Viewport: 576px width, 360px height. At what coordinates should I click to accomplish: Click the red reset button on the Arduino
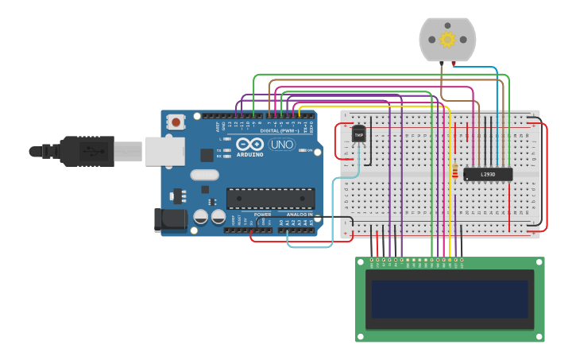pos(176,122)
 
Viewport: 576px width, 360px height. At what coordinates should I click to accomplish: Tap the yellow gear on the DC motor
pos(447,39)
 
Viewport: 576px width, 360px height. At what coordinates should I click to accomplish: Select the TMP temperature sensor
pos(359,135)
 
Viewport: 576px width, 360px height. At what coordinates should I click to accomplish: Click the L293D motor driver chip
pos(488,174)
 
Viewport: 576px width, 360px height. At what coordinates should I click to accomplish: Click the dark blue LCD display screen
pos(450,299)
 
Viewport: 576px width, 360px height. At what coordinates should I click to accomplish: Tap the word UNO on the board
pos(282,145)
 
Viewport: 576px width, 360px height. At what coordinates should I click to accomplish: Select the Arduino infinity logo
pos(249,145)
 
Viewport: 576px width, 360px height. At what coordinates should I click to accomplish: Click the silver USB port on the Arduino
pos(164,151)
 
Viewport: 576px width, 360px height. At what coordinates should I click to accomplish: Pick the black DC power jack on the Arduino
pos(170,220)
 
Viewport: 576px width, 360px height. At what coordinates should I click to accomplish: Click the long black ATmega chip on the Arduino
pos(270,199)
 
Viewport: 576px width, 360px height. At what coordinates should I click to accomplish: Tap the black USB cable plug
pos(87,151)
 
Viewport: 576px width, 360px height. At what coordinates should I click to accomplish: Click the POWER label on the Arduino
pos(263,215)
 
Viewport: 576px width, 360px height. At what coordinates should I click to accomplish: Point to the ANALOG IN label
pos(300,215)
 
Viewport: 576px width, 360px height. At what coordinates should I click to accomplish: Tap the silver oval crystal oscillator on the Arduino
pos(204,175)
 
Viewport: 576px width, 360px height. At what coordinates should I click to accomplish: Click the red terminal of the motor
pos(454,63)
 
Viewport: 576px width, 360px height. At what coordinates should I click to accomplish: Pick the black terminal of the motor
pos(441,63)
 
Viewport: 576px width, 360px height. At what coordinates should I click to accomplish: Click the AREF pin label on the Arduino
pos(218,126)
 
